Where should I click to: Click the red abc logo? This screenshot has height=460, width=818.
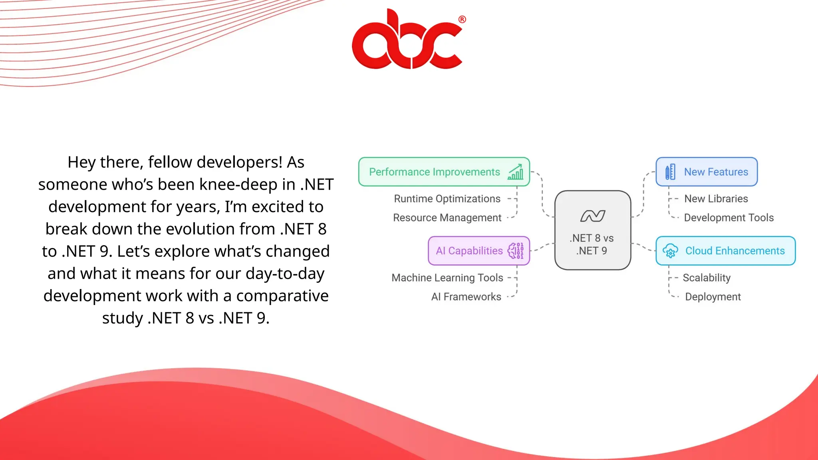click(x=407, y=40)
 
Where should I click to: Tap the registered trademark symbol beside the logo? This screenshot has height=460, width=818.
click(x=462, y=19)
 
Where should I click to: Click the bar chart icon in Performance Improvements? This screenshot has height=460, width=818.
click(x=516, y=172)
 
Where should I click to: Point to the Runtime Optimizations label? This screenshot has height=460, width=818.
click(x=447, y=199)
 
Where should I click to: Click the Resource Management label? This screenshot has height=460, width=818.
click(x=447, y=218)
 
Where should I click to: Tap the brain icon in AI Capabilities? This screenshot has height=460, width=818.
click(x=515, y=251)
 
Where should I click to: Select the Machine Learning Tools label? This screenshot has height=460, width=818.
click(x=447, y=278)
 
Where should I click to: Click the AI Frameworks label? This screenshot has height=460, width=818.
click(x=466, y=297)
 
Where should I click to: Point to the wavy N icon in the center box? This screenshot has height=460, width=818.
click(x=593, y=216)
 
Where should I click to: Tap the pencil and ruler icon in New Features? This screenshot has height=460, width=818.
click(x=670, y=172)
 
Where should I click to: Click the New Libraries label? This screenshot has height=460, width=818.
click(x=716, y=199)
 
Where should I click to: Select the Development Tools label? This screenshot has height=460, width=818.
click(x=729, y=218)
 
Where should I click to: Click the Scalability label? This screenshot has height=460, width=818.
click(x=706, y=278)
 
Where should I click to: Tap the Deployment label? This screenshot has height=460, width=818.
click(x=713, y=297)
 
